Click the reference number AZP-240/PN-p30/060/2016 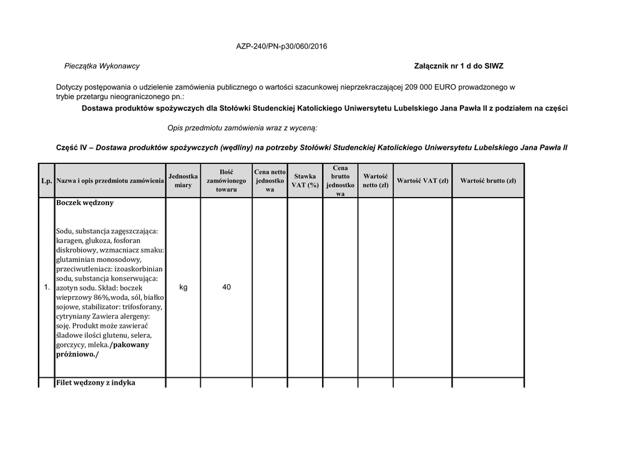point(281,47)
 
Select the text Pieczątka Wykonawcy point(102,66)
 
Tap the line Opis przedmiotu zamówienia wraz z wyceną point(242,128)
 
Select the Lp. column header point(46,181)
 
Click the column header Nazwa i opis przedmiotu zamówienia point(110,181)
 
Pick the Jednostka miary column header point(183,181)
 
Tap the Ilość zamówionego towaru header point(226,180)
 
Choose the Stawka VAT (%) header point(305,181)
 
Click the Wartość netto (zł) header point(376,181)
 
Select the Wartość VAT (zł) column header point(422,181)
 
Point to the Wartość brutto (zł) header point(488,181)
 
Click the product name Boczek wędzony point(85,203)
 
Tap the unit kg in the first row point(183,287)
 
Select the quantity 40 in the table point(227,287)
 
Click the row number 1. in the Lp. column point(46,287)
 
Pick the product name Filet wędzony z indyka point(95,383)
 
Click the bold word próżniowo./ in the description point(77,354)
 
